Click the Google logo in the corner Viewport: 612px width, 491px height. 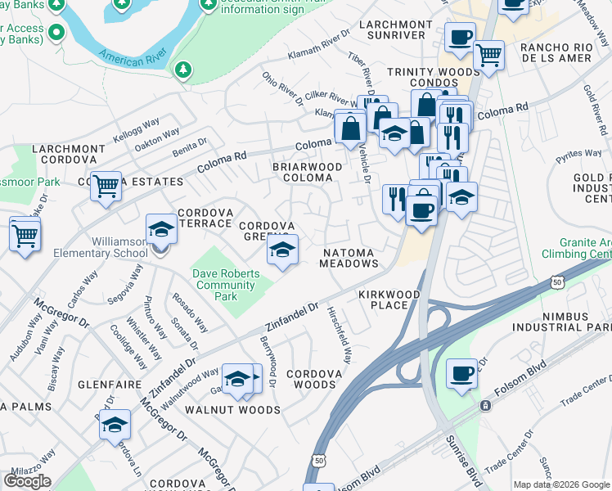[27, 481]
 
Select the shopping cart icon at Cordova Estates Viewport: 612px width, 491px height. [106, 187]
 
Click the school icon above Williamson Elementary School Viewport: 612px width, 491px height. [161, 229]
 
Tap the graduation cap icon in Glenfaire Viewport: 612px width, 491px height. [115, 425]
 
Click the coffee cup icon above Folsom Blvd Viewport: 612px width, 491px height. [461, 374]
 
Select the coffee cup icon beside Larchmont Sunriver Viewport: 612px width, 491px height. [460, 37]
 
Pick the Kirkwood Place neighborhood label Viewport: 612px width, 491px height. [389, 300]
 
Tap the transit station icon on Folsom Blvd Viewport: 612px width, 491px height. [485, 405]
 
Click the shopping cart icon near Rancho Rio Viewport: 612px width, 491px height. [488, 56]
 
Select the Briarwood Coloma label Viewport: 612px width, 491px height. [307, 173]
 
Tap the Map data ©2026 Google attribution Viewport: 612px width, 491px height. [561, 484]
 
